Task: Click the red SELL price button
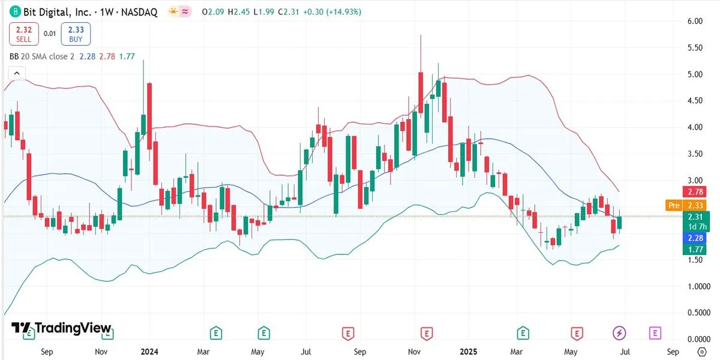click(x=23, y=34)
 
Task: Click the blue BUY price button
click(x=76, y=34)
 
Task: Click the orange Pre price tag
click(x=674, y=205)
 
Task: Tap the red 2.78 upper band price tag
click(x=697, y=192)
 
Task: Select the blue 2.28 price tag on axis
click(x=697, y=238)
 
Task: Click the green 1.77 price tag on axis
click(x=697, y=249)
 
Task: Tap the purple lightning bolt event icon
click(x=619, y=332)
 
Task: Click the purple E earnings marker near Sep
click(x=655, y=332)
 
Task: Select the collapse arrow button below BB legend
click(x=16, y=73)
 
